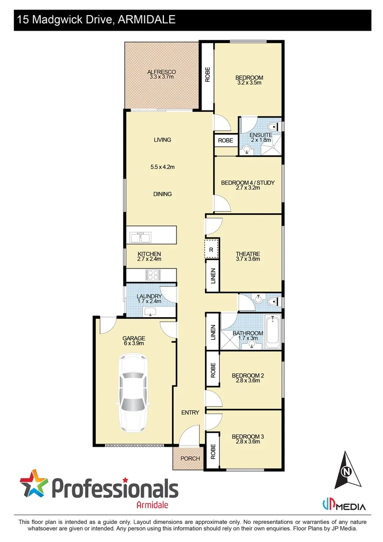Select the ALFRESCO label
[161, 72]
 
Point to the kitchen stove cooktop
[152, 275]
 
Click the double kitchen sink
[141, 234]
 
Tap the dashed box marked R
[212, 249]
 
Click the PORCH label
[190, 459]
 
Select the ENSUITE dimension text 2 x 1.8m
[261, 141]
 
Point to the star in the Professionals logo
[34, 484]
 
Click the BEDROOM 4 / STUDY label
[248, 183]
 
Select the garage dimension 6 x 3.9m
[133, 344]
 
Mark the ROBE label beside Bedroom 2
[213, 370]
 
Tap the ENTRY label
[190, 413]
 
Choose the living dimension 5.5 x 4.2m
[162, 167]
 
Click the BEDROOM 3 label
[248, 437]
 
